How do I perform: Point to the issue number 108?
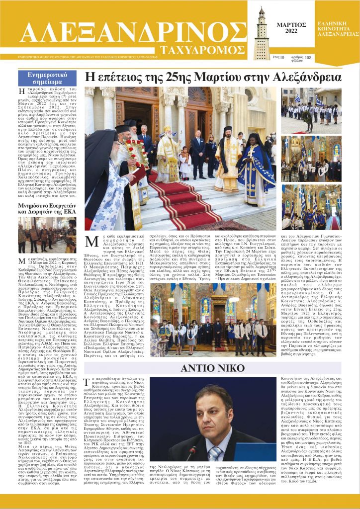point(308,58)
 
